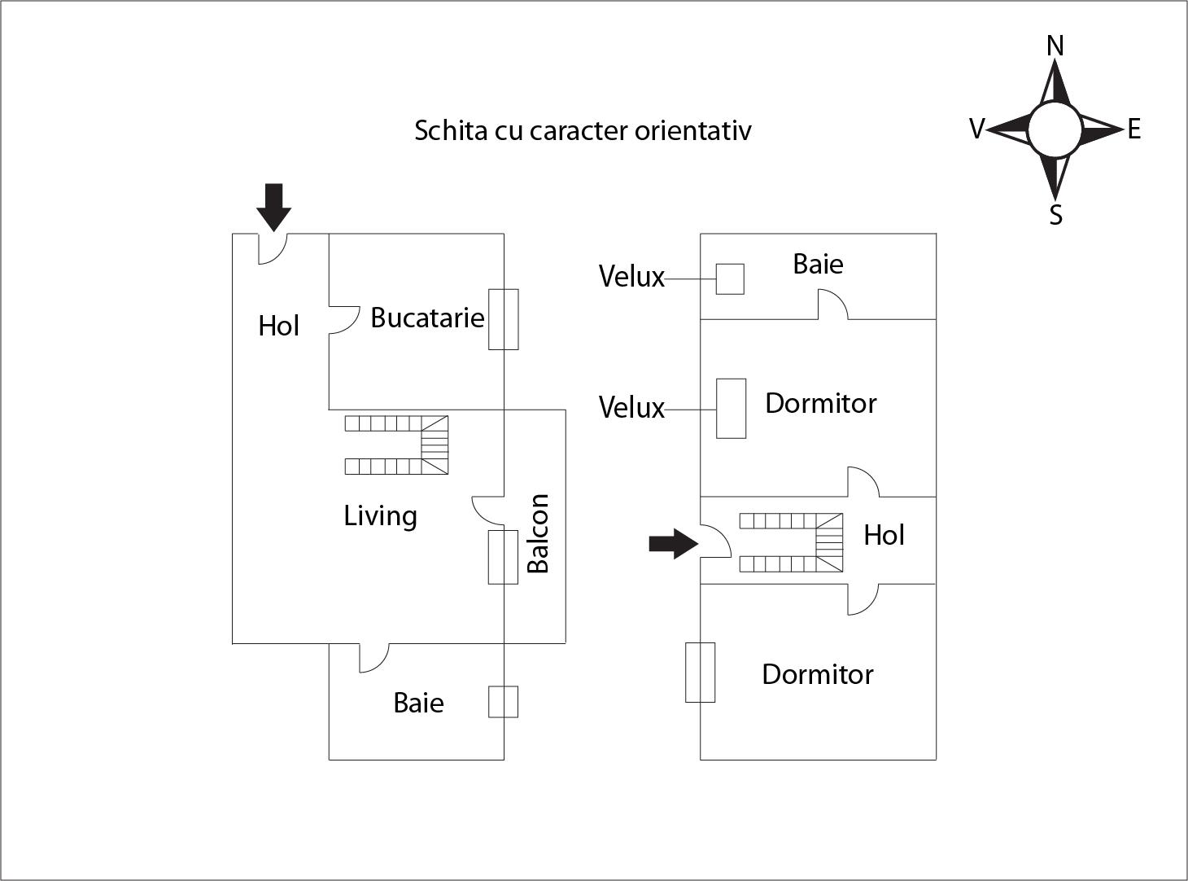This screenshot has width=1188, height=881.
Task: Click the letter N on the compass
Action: [1055, 46]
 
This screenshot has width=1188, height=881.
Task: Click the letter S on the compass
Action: [1055, 215]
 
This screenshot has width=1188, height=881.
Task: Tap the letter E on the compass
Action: [1133, 129]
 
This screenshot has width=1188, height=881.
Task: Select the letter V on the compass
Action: [977, 129]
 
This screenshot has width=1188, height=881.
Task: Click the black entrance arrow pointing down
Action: [273, 207]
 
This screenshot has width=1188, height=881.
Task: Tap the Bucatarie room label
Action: [427, 318]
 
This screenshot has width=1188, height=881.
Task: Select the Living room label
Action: [380, 515]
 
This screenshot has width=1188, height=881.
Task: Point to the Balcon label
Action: [538, 533]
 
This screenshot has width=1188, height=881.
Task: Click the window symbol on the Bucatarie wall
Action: [503, 319]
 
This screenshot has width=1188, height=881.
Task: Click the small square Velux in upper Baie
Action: [730, 279]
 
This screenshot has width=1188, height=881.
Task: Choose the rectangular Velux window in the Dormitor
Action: [731, 409]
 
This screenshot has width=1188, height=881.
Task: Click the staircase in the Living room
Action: [397, 445]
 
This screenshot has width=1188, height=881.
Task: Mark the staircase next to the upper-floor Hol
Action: [791, 542]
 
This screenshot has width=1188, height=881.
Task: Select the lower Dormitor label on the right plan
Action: [817, 674]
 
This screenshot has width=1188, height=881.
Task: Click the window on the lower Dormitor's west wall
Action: [700, 672]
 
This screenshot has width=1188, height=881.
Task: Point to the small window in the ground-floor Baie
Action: [503, 702]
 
